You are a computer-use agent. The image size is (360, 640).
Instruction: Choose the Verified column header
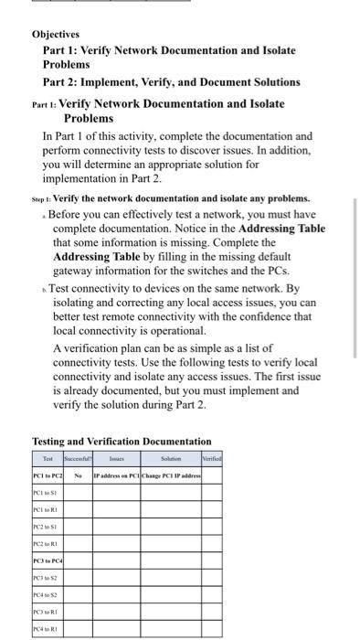(213, 459)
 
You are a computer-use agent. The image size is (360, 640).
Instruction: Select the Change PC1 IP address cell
(171, 475)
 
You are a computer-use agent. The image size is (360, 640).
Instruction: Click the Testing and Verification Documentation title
(122, 441)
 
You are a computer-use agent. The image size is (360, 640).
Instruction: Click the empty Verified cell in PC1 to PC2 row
(213, 475)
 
